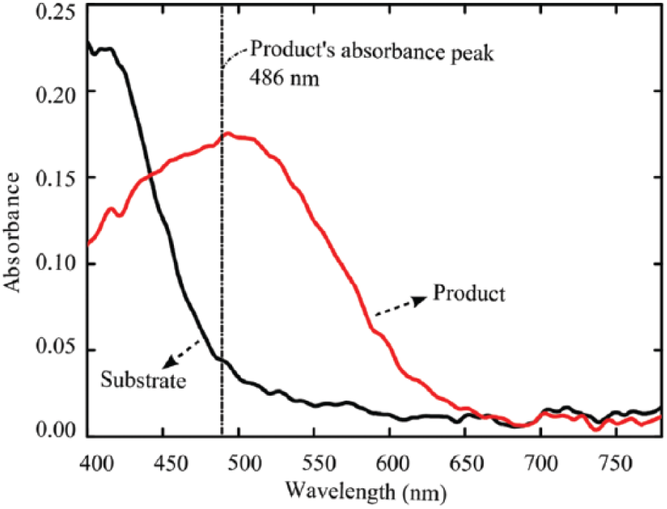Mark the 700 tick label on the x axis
pos(542,463)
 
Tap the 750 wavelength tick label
pos(616,463)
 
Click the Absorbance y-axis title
pos(12,232)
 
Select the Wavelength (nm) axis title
pos(366,491)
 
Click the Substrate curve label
pos(143,380)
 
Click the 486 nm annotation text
pos(284,78)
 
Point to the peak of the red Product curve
pos(227,133)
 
